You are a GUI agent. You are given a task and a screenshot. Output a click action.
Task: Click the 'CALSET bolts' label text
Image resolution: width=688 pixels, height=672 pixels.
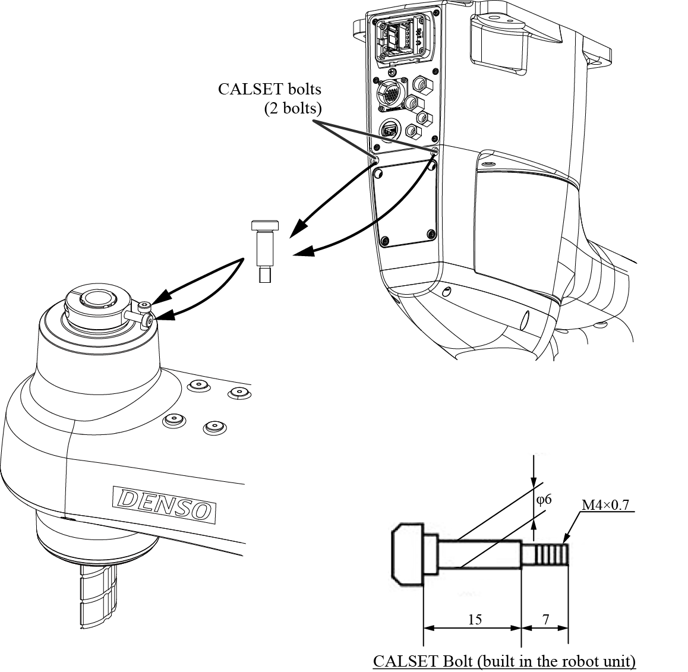click(x=270, y=90)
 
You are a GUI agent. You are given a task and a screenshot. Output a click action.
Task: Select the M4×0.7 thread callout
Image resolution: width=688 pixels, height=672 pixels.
click(x=605, y=505)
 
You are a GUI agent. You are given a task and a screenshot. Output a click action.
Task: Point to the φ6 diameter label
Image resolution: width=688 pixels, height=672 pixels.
click(x=544, y=499)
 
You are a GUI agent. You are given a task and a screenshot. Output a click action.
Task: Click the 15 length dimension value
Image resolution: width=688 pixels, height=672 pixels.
click(x=474, y=620)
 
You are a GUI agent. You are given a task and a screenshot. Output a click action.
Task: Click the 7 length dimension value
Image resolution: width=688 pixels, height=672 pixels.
click(x=545, y=620)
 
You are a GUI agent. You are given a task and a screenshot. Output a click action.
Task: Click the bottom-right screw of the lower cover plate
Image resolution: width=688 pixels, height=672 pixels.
click(x=431, y=234)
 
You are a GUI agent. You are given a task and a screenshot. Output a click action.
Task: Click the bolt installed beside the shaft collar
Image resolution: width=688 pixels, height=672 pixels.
click(x=145, y=314)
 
